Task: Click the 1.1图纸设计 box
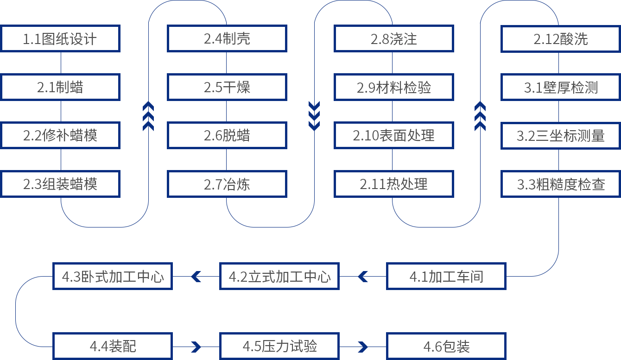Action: click(x=60, y=38)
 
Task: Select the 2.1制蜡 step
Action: click(x=60, y=87)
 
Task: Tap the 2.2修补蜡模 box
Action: click(x=60, y=135)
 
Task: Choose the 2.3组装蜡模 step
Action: click(x=60, y=184)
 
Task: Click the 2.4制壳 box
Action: click(x=227, y=38)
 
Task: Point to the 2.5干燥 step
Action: click(x=227, y=87)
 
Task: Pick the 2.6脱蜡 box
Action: click(x=227, y=135)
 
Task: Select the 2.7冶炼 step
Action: click(x=227, y=184)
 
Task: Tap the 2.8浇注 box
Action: click(x=393, y=38)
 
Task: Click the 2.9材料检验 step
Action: click(x=393, y=87)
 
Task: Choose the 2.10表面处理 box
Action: click(x=393, y=135)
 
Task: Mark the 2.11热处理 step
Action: click(x=393, y=184)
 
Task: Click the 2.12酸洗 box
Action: click(x=561, y=38)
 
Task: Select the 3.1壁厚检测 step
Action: click(x=561, y=87)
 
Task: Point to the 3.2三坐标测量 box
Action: click(x=561, y=135)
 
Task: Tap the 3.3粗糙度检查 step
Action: click(x=561, y=184)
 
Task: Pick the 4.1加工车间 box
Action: click(x=446, y=277)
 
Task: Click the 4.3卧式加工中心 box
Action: click(x=113, y=277)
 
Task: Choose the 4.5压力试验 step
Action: click(x=279, y=346)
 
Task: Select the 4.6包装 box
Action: click(x=446, y=346)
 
